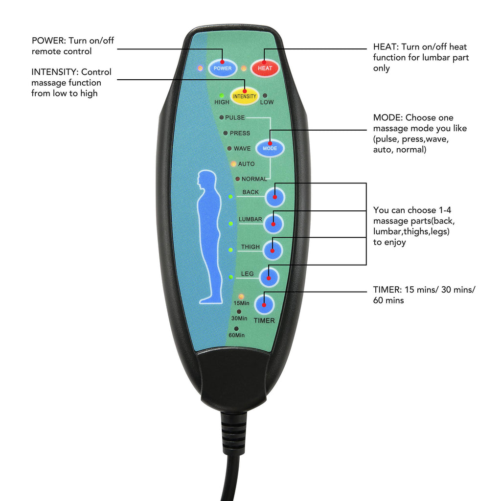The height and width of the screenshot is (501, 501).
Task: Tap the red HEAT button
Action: pyautogui.click(x=265, y=68)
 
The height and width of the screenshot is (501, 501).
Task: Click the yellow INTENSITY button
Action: pyautogui.click(x=244, y=96)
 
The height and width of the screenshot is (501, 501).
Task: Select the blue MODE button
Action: pyautogui.click(x=270, y=148)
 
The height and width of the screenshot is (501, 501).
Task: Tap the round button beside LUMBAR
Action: pyautogui.click(x=273, y=223)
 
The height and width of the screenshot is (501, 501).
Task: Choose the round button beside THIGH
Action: pyautogui.click(x=273, y=250)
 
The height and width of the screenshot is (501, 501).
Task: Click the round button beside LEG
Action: pyautogui.click(x=269, y=277)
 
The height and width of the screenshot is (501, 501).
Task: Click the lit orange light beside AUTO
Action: pyautogui.click(x=233, y=164)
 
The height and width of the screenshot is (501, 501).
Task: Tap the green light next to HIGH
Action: pyautogui.click(x=222, y=96)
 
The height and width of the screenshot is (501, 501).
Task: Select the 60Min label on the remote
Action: pyautogui.click(x=236, y=335)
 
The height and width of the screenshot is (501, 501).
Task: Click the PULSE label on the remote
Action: pyautogui.click(x=235, y=117)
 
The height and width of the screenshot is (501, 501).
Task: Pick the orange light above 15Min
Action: pyautogui.click(x=241, y=296)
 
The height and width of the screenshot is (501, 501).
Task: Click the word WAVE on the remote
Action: pyautogui.click(x=242, y=148)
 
